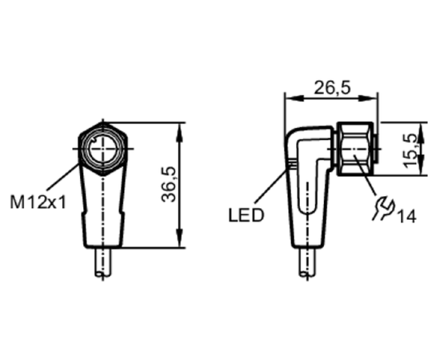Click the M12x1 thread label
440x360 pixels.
pyautogui.click(x=38, y=202)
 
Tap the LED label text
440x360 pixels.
pyautogui.click(x=246, y=215)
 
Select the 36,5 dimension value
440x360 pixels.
pyautogui.click(x=169, y=184)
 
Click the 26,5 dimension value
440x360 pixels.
pyautogui.click(x=332, y=87)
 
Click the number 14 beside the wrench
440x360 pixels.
pyautogui.click(x=406, y=216)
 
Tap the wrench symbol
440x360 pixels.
pyautogui.click(x=383, y=208)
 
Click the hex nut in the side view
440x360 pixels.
pyautogui.click(x=355, y=149)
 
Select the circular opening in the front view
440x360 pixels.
pyautogui.click(x=103, y=149)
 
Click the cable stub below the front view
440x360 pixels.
pyautogui.click(x=103, y=262)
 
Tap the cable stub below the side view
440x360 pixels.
pyautogui.click(x=307, y=262)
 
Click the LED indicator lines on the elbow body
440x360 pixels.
pyautogui.click(x=291, y=164)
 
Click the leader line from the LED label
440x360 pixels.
pyautogui.click(x=270, y=186)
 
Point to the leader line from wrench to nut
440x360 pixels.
pyautogui.click(x=364, y=174)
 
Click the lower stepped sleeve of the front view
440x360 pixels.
pyautogui.click(x=103, y=230)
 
